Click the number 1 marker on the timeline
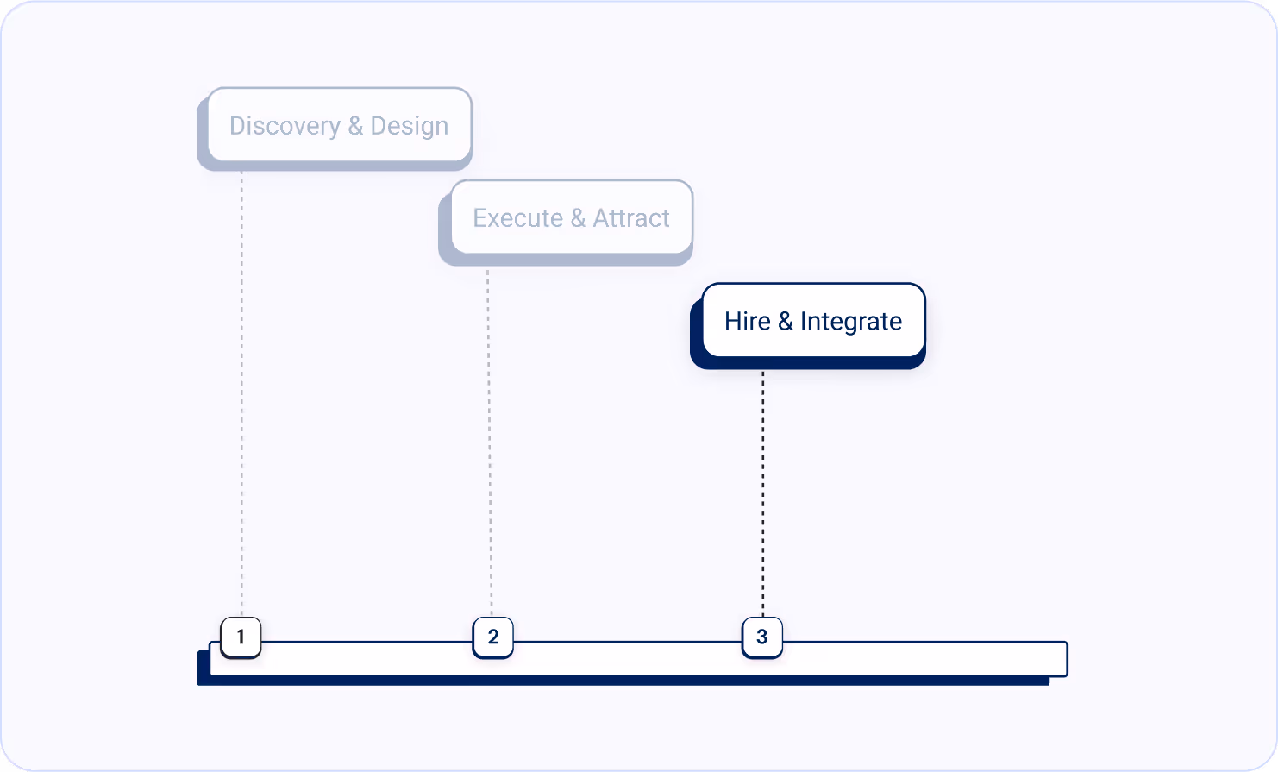[241, 637]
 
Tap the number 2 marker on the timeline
[493, 637]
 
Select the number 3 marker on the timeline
[761, 637]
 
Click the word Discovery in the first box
[285, 126]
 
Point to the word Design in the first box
[409, 126]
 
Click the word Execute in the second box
[517, 218]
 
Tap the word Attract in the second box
[630, 218]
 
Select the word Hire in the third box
[747, 321]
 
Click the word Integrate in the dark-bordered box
[850, 321]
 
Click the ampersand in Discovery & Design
[355, 126]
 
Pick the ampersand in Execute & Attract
[578, 218]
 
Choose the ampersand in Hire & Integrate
[785, 321]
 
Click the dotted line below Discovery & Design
[241, 388]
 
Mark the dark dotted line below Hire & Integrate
[762, 492]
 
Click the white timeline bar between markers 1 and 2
[366, 659]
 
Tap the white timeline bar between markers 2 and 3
[627, 659]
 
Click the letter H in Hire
[731, 321]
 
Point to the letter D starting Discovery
[237, 126]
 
